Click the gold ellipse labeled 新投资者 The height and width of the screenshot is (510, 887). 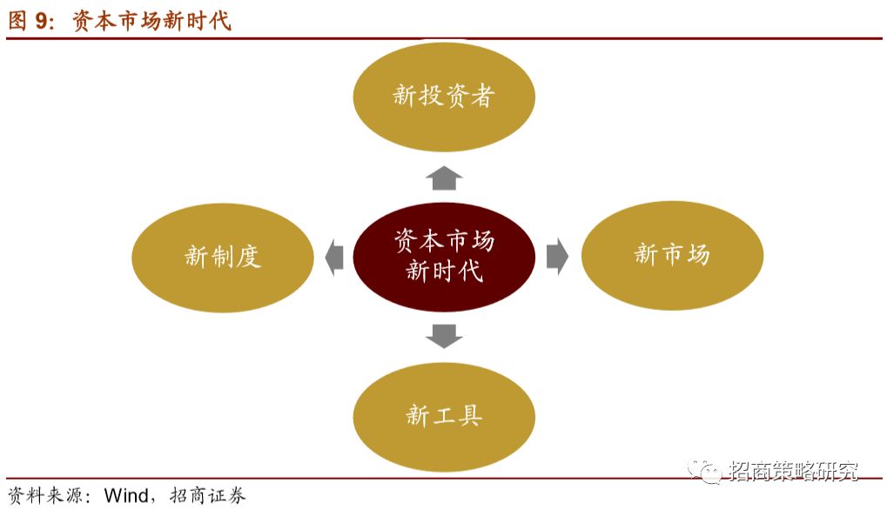pos(444,95)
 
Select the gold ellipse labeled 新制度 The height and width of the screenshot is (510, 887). pos(223,256)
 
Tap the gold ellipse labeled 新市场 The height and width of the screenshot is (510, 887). pos(672,255)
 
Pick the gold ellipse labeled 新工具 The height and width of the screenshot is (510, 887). pos(444,415)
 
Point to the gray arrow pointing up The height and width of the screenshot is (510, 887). pos(444,178)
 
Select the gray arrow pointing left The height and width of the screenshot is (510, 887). pos(333,257)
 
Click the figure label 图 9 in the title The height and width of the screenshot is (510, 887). pos(31,21)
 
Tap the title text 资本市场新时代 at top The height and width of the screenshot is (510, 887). pos(151,21)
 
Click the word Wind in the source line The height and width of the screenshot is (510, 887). pos(128,496)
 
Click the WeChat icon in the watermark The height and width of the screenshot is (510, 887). pos(703,471)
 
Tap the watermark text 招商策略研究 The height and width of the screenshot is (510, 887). pos(794,471)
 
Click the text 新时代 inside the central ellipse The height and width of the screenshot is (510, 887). pos(444,271)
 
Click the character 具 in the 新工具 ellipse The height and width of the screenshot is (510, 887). pos(470,415)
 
